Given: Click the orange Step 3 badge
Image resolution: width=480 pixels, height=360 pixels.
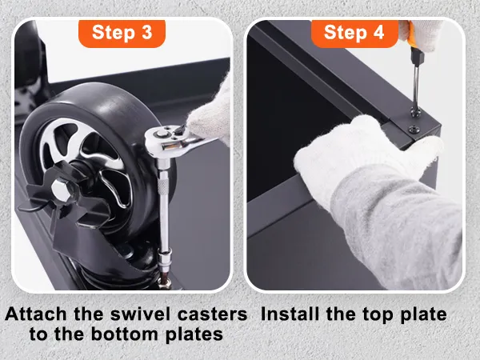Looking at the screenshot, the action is (x=122, y=33).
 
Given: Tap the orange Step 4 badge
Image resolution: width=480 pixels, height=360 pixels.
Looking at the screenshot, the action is (x=354, y=33).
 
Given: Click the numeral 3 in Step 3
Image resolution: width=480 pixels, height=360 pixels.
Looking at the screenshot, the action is (x=147, y=33).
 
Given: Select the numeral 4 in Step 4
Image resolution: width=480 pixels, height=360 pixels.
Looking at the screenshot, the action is (x=378, y=33).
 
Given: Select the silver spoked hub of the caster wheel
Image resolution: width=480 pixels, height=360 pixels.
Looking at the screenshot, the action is (x=86, y=159).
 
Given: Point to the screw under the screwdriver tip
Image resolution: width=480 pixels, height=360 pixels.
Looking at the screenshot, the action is (x=414, y=113).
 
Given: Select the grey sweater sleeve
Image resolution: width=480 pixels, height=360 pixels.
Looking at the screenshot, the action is (x=398, y=226).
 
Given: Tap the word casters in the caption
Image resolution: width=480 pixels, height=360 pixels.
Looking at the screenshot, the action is (x=213, y=315).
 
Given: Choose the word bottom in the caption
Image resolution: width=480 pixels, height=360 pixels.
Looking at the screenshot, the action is (x=124, y=334).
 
